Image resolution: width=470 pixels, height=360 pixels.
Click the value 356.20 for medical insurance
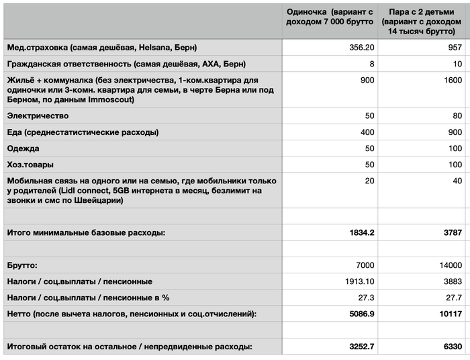[x=359, y=48]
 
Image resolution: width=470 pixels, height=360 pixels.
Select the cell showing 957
[x=454, y=48]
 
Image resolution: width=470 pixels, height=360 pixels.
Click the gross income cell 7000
[x=363, y=265]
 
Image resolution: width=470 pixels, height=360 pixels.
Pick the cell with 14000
[x=449, y=265]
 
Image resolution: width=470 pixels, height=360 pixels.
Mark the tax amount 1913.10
[x=358, y=281]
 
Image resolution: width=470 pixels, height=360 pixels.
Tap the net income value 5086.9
[x=358, y=314]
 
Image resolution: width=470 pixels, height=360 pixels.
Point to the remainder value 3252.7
[x=358, y=347]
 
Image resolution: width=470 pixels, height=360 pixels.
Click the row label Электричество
[x=38, y=116]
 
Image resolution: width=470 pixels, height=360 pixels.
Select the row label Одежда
[x=23, y=148]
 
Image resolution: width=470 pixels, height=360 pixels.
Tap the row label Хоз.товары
[x=31, y=165]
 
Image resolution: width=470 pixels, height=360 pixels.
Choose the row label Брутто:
[x=23, y=265]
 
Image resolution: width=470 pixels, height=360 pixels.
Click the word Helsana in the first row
[x=156, y=48]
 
